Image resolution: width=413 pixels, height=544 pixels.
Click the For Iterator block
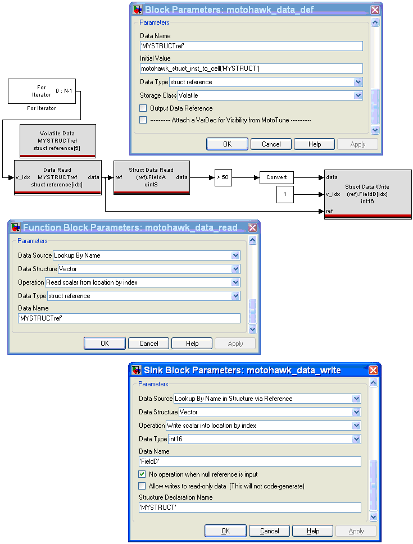pos(42,92)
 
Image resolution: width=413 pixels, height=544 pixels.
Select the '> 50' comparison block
pos(223,177)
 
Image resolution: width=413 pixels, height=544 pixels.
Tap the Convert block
pos(276,177)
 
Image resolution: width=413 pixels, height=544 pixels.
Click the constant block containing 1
pos(285,194)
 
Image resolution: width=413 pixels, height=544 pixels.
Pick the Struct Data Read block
pos(152,177)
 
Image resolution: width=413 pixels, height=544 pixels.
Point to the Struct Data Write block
pos(367,194)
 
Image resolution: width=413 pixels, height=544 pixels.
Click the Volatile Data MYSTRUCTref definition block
pos(58,141)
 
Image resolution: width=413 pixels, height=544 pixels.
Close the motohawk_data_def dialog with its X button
pos(375,10)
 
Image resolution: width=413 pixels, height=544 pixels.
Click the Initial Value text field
pos(251,68)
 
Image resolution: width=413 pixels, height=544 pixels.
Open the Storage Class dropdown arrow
pos(358,95)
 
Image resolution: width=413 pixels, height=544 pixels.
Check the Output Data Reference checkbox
pos(143,108)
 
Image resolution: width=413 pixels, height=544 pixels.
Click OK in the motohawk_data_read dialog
pos(105,344)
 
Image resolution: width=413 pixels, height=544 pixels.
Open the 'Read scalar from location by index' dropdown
pos(235,282)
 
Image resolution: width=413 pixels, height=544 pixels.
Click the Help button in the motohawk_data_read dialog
pos(192,344)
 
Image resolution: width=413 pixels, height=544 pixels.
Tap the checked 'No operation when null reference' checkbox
pos(142,474)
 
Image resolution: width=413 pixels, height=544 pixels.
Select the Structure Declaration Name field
pos(249,507)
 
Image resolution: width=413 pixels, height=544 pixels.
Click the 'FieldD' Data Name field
pos(249,461)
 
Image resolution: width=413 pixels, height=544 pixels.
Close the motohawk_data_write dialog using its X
pos(374,370)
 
